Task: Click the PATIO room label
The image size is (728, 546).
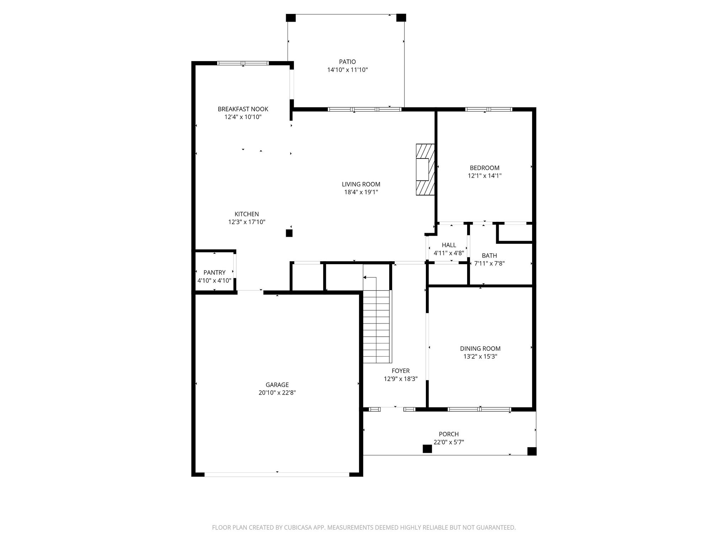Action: coord(347,62)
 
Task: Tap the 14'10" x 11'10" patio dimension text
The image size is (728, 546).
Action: coord(347,70)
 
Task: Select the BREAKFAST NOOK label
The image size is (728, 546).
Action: coord(243,109)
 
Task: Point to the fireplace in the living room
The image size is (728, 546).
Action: coord(425,170)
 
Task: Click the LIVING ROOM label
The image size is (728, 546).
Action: coord(361,184)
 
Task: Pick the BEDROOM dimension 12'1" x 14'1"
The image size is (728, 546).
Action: coord(485,176)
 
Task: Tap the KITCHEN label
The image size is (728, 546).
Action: coord(247,214)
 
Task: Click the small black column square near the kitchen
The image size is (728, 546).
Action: coord(289,233)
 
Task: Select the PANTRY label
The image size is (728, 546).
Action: coord(214,272)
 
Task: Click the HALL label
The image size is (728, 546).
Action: coord(449,245)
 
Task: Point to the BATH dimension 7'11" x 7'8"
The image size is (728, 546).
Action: coord(489,263)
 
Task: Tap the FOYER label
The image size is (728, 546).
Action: coord(401,371)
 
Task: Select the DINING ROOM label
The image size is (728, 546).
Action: coord(480,349)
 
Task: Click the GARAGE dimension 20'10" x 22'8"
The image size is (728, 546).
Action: coord(277,393)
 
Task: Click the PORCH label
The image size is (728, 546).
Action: coord(449,434)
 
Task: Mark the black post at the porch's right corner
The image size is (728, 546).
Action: coord(531,451)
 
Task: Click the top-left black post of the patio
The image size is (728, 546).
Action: coord(291,18)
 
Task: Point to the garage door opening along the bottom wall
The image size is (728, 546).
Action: coord(277,474)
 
